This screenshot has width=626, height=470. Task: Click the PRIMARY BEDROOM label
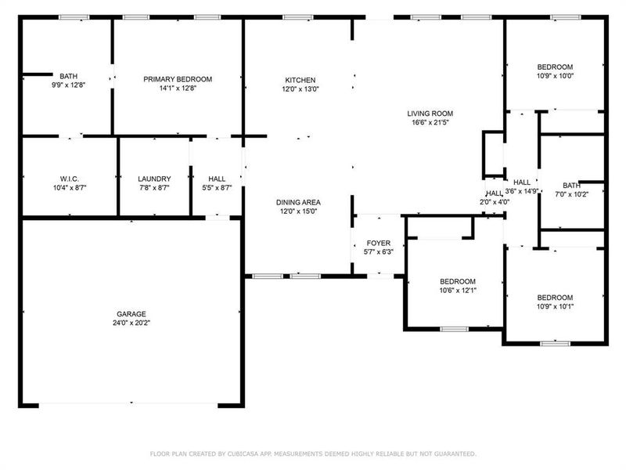[178, 79]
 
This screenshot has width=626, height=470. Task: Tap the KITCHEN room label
[300, 80]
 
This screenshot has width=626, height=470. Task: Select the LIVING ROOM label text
[430, 114]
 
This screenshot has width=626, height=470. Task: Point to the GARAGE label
[131, 314]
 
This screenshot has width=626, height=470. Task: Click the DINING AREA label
[298, 202]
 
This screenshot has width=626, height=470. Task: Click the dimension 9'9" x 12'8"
[68, 85]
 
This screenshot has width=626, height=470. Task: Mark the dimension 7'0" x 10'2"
[570, 194]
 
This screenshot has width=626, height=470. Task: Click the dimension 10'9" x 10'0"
[555, 76]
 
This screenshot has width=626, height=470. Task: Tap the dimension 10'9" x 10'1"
[555, 306]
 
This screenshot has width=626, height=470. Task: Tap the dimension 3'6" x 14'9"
[521, 191]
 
